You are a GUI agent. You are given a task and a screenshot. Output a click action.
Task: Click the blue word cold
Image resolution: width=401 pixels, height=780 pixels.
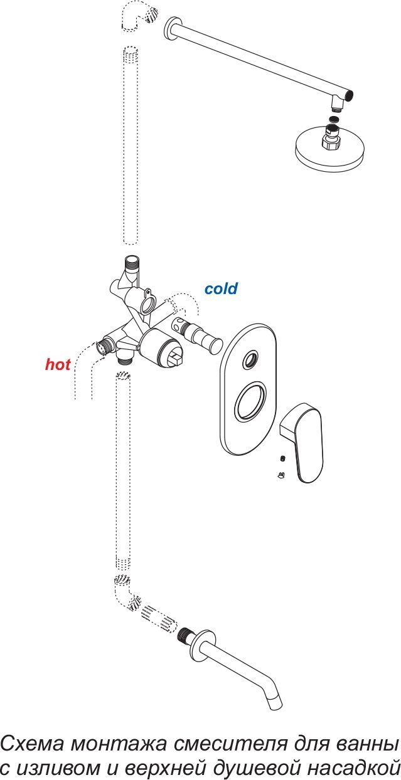tap(221, 288)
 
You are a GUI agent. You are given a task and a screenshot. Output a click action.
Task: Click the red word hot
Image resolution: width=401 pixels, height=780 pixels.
tap(58, 364)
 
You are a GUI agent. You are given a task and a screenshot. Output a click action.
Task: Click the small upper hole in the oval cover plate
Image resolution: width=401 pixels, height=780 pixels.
tap(250, 359)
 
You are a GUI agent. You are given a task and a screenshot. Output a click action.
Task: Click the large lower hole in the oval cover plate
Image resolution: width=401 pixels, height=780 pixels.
tap(252, 401)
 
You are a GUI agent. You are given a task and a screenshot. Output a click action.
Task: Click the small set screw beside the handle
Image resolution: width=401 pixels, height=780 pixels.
tap(284, 458)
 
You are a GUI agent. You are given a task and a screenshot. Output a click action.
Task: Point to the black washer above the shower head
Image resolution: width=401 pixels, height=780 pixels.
tap(335, 119)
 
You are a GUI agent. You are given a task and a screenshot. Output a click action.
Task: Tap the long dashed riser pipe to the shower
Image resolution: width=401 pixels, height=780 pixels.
tap(131, 145)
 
